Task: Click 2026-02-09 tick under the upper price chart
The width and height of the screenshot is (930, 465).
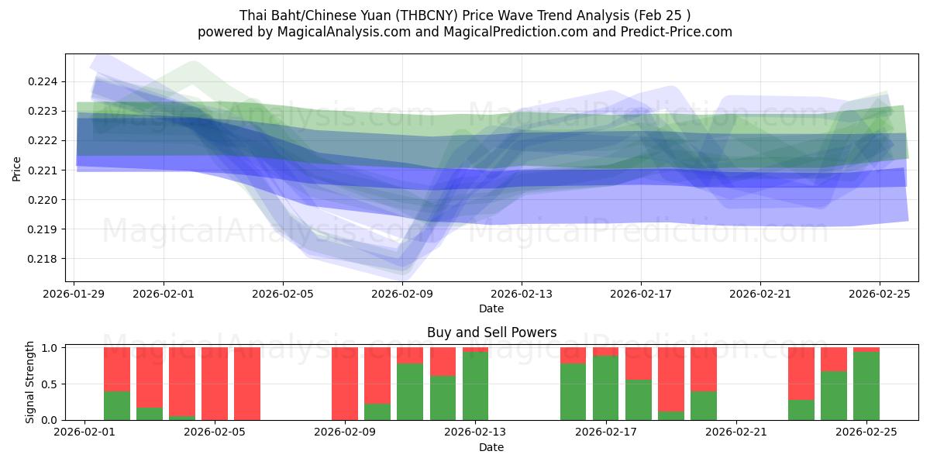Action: click(x=401, y=294)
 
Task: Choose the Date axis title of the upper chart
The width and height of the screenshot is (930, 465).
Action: click(x=491, y=308)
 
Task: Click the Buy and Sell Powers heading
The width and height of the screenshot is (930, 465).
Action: click(x=491, y=332)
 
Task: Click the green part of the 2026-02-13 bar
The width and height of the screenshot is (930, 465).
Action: click(x=475, y=386)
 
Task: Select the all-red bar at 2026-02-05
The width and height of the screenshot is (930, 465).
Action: click(x=215, y=384)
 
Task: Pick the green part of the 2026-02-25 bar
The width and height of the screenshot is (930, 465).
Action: click(x=866, y=386)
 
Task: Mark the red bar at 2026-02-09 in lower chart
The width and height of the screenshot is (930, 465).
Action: click(x=345, y=384)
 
